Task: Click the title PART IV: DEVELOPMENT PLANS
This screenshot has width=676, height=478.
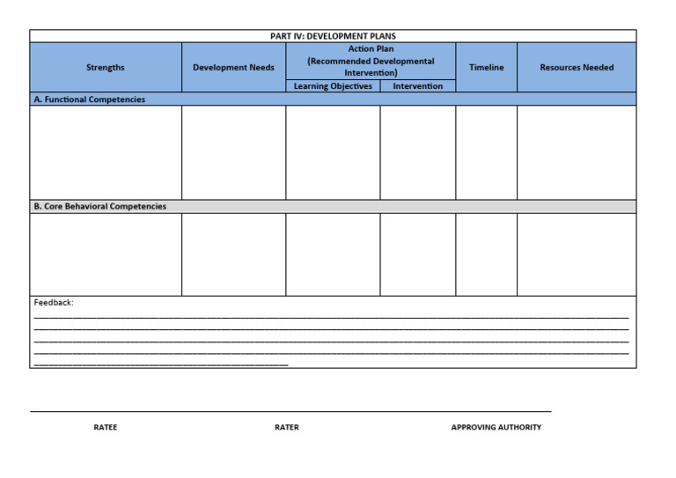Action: [x=333, y=36]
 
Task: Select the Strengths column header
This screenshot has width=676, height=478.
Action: [x=106, y=68]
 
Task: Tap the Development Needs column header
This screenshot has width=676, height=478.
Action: [x=233, y=68]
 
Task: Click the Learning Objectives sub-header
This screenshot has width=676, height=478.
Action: [x=333, y=86]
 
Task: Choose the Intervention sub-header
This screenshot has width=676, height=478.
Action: [x=418, y=86]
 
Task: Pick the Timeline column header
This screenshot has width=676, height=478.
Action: [x=487, y=68]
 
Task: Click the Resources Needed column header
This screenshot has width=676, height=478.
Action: [x=577, y=68]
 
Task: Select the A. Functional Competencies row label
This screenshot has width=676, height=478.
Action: [x=90, y=99]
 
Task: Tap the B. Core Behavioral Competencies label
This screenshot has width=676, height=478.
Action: [x=100, y=206]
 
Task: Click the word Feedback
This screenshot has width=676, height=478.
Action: [x=54, y=303]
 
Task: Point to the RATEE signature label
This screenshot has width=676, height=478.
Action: [x=106, y=428]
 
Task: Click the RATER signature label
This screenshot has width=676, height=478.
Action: [x=287, y=428]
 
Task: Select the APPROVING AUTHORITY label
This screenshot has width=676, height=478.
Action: [x=496, y=428]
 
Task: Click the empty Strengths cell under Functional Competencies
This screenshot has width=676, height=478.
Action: [x=106, y=152]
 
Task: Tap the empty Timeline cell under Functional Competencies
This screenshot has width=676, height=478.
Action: [x=487, y=152]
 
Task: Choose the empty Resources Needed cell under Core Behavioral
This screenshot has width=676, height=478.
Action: [x=577, y=254]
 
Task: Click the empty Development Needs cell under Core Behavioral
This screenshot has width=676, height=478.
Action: [x=233, y=254]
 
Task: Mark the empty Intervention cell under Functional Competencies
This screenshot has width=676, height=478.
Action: [x=418, y=152]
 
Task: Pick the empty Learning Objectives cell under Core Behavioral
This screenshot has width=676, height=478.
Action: [x=333, y=254]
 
